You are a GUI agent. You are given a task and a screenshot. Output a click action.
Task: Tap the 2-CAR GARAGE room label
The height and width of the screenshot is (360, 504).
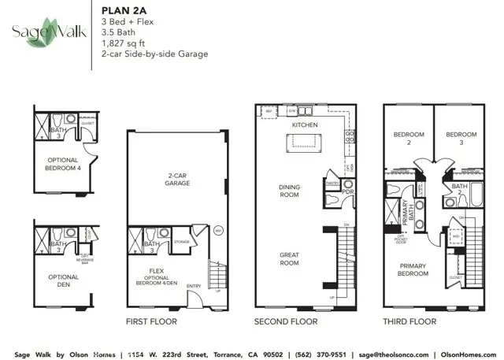click(176, 180)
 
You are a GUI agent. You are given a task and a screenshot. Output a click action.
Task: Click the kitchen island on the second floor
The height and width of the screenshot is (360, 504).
click(303, 142)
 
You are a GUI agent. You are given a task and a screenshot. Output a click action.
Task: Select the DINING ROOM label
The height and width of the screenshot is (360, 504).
click(289, 191)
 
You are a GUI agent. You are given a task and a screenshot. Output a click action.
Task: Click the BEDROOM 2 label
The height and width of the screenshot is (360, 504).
click(408, 138)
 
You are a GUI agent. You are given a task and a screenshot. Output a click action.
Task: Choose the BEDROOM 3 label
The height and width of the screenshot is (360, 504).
click(460, 138)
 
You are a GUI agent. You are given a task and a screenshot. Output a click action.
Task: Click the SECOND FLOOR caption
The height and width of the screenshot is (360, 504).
click(285, 321)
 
